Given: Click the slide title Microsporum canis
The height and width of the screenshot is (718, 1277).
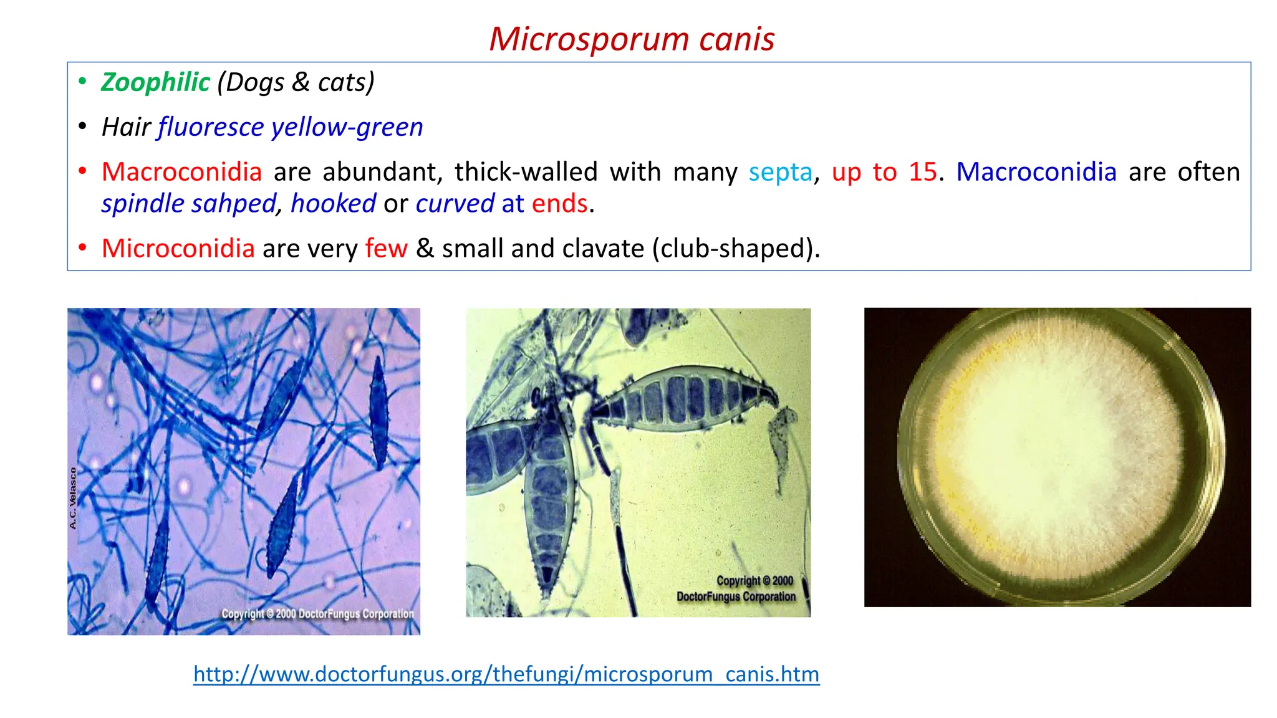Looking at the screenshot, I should click(632, 39).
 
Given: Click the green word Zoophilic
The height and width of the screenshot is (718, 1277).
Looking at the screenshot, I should click(155, 82).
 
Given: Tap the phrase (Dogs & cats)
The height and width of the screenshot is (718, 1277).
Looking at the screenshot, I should click(296, 82).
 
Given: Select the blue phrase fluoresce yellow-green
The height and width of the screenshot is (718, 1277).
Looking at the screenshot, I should click(291, 127).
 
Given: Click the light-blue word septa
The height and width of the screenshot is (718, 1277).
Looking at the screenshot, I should click(781, 172).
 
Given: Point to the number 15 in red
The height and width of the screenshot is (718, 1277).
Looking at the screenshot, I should click(922, 172).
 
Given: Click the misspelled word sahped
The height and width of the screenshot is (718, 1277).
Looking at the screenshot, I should click(233, 204).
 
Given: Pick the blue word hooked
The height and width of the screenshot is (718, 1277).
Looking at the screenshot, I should click(333, 204).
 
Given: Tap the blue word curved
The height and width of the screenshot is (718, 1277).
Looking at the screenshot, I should click(455, 204).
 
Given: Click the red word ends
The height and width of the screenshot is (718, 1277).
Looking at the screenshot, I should click(559, 204).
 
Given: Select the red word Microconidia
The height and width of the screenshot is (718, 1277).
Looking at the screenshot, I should click(178, 249).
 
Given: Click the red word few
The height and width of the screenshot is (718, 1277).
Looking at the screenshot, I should click(386, 249).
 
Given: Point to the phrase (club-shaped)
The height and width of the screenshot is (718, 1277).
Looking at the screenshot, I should click(735, 249).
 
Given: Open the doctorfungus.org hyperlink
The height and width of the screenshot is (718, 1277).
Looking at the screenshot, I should click(506, 674).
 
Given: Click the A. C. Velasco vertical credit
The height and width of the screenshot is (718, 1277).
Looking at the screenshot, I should click(73, 499).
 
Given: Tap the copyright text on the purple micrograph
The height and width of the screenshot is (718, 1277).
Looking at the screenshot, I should click(317, 614).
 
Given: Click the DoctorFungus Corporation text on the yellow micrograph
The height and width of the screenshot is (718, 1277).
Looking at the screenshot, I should click(736, 596).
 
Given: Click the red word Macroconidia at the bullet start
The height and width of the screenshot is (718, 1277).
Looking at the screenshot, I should click(181, 172).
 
